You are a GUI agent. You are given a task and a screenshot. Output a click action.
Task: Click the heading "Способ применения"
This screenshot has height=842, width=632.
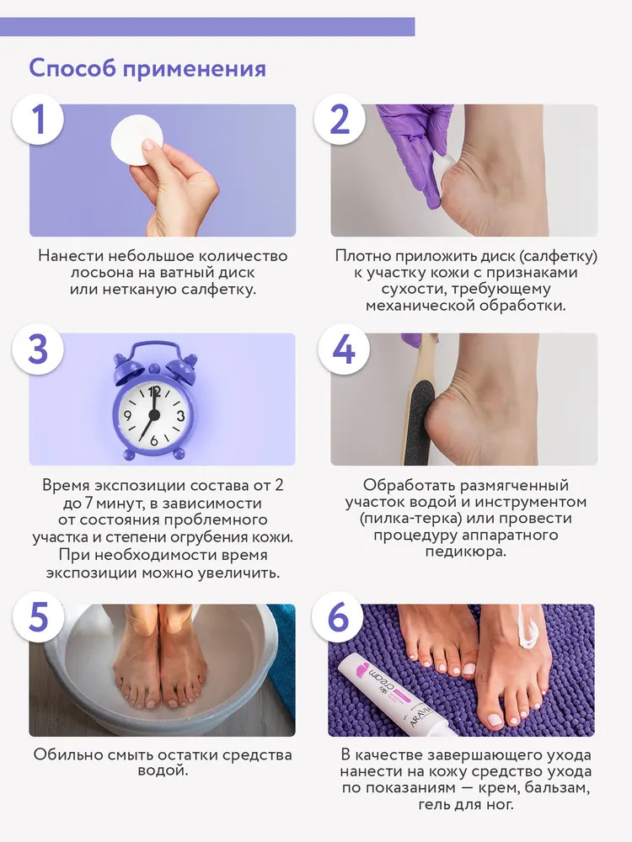147,69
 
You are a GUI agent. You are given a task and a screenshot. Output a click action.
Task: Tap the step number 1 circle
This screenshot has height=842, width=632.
38,120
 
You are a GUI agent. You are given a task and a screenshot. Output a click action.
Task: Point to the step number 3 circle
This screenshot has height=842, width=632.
38,349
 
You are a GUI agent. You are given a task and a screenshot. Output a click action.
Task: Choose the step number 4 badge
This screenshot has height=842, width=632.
344,349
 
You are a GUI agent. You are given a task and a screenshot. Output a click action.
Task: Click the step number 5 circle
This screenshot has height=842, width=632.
38,616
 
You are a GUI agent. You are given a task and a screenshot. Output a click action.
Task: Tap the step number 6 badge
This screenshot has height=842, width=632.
338,616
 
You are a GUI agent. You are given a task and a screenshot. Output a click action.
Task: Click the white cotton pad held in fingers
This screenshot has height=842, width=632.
137,141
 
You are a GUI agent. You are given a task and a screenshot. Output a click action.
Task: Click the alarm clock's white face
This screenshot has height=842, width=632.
153,414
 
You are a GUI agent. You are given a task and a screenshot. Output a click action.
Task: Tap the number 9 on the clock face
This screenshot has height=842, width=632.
128,415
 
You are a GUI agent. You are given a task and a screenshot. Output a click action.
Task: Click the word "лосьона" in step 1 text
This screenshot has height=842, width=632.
99,273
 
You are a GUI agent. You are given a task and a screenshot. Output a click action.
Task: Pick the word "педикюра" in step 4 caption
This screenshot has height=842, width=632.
465,552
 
